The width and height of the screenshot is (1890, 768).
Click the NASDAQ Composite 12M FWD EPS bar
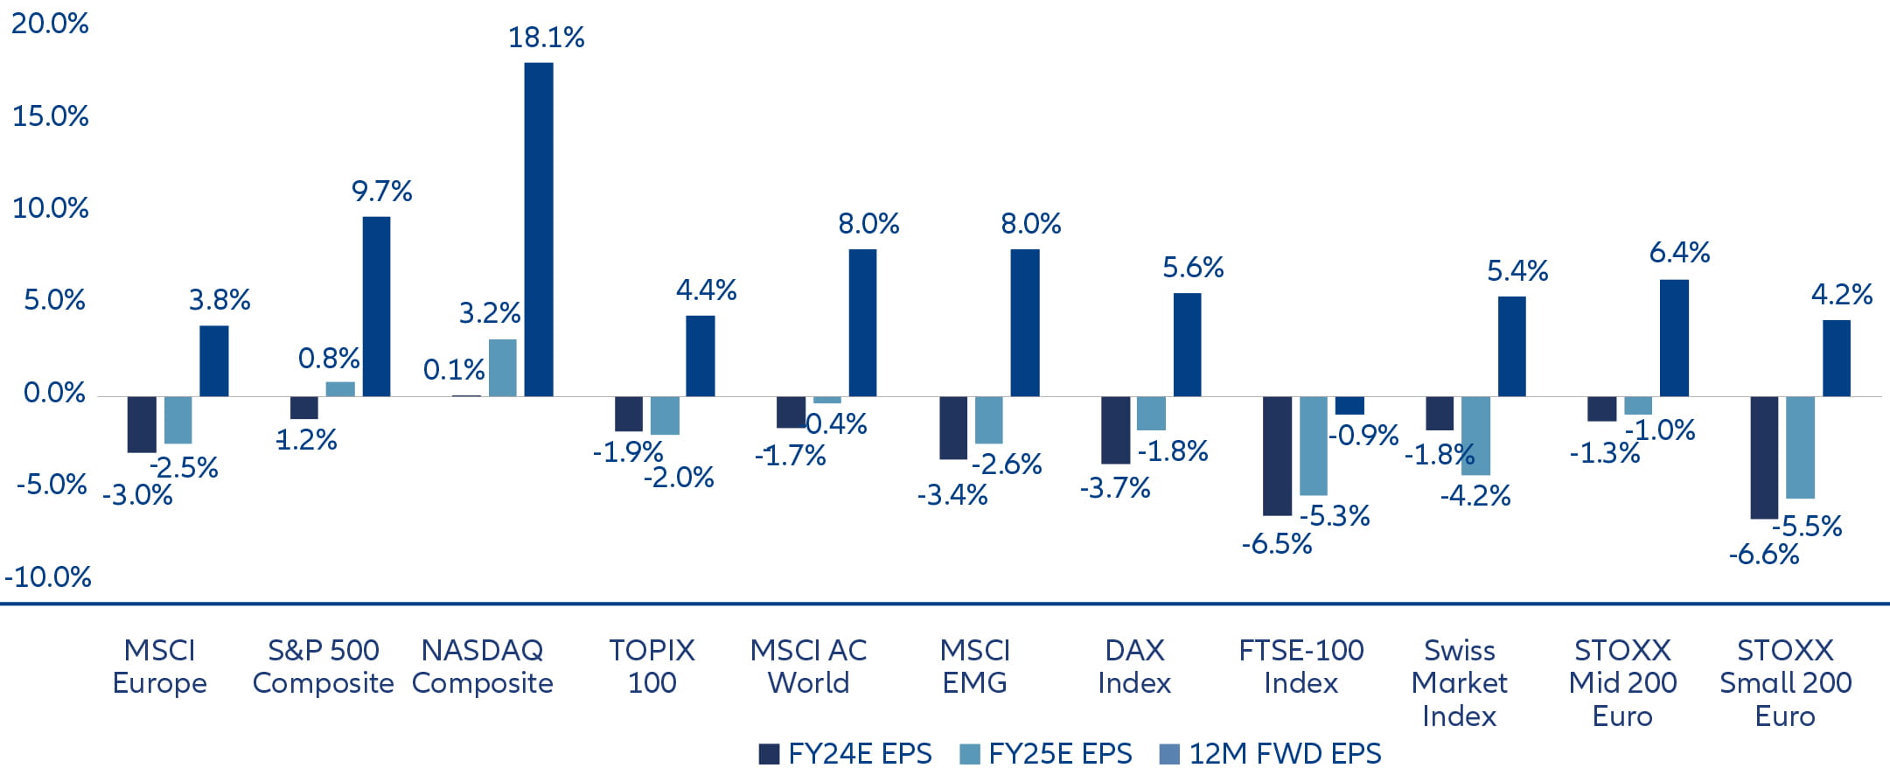[538, 229]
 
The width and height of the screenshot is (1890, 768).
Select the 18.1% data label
[546, 38]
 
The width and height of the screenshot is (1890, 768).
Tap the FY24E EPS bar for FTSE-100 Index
[1277, 455]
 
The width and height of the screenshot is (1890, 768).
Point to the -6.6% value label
[1763, 555]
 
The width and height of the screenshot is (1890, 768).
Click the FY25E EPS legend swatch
[969, 754]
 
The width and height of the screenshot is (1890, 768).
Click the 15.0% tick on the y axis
[50, 116]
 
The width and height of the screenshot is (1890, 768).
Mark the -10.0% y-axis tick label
[48, 577]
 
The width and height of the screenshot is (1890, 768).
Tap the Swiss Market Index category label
[1459, 682]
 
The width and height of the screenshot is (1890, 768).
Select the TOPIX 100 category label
[652, 666]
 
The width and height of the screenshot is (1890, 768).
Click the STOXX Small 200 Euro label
[1785, 682]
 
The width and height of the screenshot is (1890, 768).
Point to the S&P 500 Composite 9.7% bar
[376, 306]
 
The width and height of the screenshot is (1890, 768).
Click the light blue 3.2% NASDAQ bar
[502, 367]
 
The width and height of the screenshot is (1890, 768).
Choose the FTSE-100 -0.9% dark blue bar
[1349, 405]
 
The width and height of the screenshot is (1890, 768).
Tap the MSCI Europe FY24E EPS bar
[142, 424]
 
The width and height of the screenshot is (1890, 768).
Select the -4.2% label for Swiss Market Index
[1475, 496]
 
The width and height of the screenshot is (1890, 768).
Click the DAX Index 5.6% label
[1192, 268]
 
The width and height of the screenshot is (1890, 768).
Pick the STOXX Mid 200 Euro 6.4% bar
[1673, 338]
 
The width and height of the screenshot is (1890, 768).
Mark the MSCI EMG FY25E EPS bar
[988, 420]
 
